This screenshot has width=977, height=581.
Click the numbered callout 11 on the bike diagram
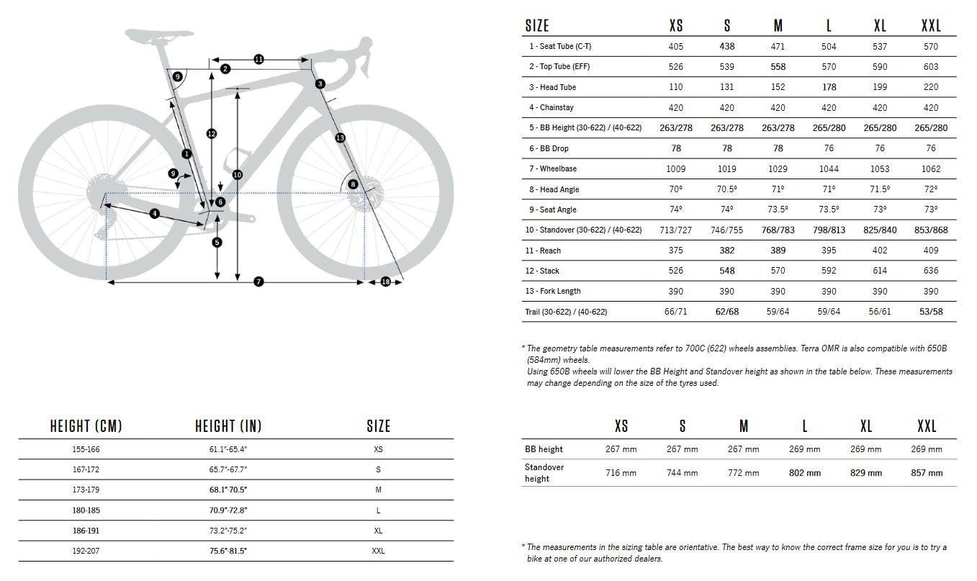pos(259,59)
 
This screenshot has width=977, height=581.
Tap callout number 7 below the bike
pos(258,282)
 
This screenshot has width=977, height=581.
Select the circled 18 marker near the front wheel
pos(385,282)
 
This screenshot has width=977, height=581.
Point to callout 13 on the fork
pos(340,138)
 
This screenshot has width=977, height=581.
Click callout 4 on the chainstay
pos(154,214)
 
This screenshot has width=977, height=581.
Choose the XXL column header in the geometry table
pos(931,26)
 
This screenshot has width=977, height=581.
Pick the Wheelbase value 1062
pos(931,168)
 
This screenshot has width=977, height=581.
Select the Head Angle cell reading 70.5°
pos(727,189)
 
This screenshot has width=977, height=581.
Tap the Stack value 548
pos(727,271)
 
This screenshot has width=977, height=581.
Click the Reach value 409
pos(931,251)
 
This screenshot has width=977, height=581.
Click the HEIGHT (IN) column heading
pos(228,426)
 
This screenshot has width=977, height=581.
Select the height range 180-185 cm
pos(86,510)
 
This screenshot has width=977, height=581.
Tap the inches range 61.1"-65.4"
pos(228,449)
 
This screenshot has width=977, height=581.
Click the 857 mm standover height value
pos(927,473)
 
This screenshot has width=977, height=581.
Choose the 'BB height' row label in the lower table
pos(544,449)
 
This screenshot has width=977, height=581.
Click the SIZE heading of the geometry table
pos(537,26)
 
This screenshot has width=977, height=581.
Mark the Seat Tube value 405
pos(676,46)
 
